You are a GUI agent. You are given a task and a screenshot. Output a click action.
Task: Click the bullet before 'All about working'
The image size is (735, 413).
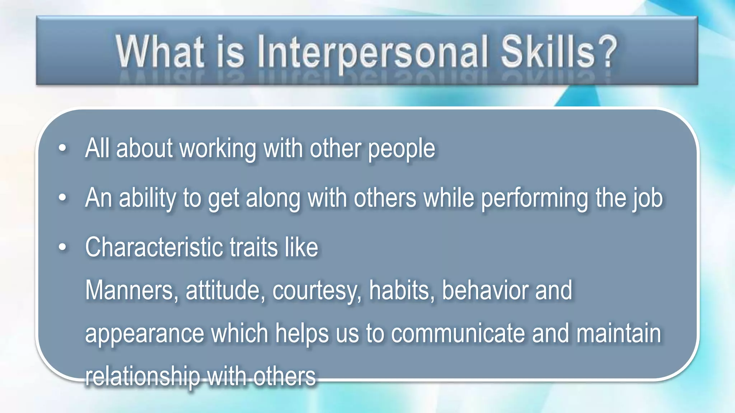pyautogui.click(x=63, y=148)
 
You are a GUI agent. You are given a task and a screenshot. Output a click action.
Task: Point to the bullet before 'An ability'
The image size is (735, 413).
pyautogui.click(x=63, y=198)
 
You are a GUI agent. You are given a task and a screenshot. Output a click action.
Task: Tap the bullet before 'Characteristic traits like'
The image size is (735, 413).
pyautogui.click(x=63, y=247)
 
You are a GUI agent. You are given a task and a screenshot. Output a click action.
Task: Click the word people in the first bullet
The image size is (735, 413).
pyautogui.click(x=402, y=149)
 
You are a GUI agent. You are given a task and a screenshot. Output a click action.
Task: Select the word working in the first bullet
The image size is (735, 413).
pyautogui.click(x=218, y=149)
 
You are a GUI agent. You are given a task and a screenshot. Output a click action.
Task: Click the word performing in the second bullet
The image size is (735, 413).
pyautogui.click(x=534, y=198)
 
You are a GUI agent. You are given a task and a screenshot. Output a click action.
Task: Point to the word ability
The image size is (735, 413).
pyautogui.click(x=148, y=198)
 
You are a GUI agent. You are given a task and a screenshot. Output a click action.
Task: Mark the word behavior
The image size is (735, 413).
pyautogui.click(x=484, y=290)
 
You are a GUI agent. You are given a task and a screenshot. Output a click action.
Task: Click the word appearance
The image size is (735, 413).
pyautogui.click(x=145, y=334)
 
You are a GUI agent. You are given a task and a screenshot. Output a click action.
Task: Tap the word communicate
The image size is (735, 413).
pyautogui.click(x=458, y=333)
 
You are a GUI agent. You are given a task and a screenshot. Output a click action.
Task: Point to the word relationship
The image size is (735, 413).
pyautogui.click(x=142, y=376)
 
